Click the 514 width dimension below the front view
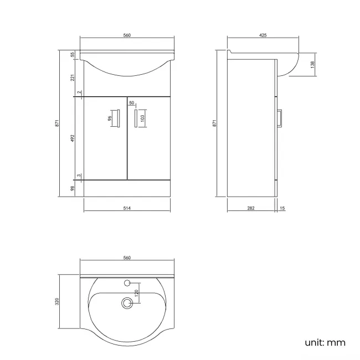[126, 208]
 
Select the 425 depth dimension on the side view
[263, 35]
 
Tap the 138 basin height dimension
[312, 65]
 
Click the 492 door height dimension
[73, 137]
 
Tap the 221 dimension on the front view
[73, 78]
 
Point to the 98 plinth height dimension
[73, 188]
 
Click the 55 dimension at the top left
[73, 54]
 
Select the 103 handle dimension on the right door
[142, 117]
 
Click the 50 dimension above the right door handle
[132, 102]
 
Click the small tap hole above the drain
[128, 283]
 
